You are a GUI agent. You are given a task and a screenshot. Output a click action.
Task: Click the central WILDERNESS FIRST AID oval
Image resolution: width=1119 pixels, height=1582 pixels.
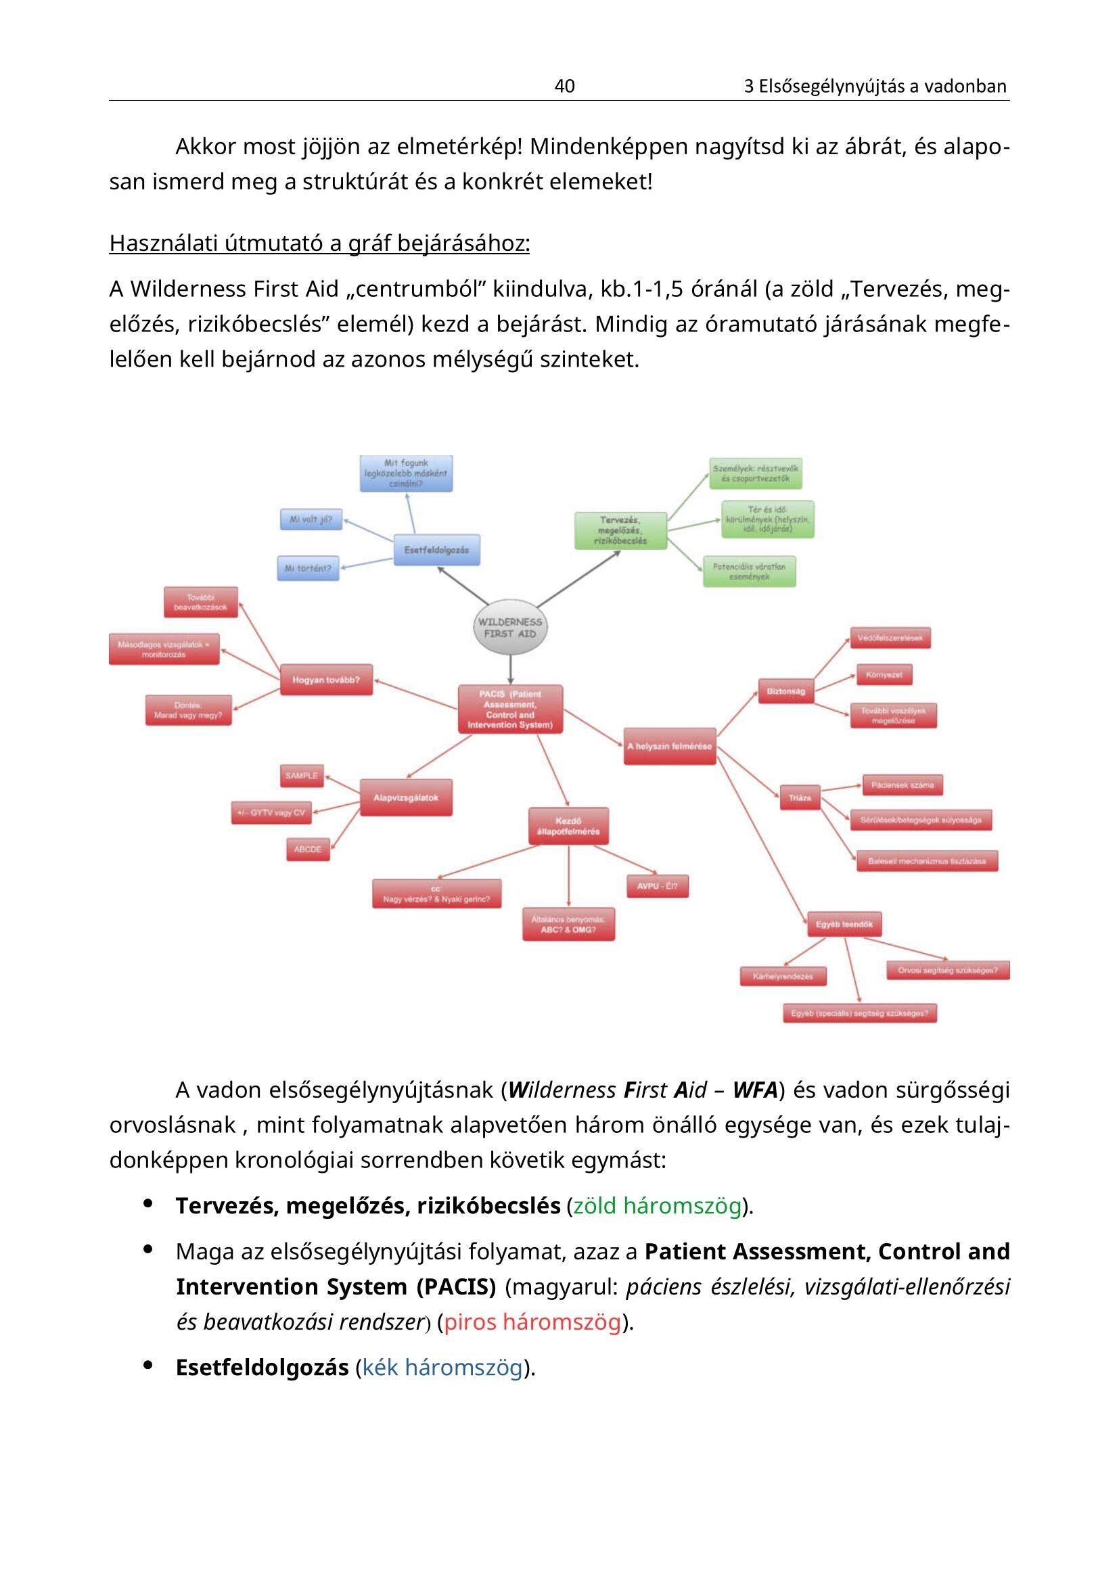510,628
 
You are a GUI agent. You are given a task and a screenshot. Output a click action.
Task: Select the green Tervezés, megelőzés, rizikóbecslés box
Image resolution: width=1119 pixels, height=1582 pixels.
620,530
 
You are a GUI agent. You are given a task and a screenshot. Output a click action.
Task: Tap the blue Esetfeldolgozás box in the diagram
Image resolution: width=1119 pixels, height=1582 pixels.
436,550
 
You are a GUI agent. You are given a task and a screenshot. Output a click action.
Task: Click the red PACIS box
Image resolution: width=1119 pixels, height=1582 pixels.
510,709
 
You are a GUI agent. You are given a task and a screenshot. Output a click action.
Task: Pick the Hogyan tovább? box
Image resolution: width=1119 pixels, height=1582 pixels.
326,680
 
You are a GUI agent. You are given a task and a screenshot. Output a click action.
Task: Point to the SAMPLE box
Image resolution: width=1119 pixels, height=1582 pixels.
302,776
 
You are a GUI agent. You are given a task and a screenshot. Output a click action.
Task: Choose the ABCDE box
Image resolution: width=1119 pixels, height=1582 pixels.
307,850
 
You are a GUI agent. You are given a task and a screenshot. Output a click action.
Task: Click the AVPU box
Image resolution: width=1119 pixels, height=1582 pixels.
657,886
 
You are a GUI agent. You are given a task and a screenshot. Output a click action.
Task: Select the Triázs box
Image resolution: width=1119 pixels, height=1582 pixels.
799,798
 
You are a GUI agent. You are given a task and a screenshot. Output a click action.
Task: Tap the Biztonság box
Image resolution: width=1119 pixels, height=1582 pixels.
785,691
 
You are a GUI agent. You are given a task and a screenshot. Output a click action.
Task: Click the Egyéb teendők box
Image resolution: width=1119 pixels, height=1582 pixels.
844,925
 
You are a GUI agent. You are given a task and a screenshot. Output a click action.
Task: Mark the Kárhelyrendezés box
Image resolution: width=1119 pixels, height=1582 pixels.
783,977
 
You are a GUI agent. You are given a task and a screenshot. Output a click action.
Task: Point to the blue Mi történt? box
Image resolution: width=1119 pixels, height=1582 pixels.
308,568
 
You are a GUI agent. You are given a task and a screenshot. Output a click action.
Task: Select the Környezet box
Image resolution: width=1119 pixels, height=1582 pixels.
884,674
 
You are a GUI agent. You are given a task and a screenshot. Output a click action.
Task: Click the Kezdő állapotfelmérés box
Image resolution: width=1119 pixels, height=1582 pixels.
568,826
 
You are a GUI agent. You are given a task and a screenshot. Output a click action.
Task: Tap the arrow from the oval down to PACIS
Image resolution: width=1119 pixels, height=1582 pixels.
511,669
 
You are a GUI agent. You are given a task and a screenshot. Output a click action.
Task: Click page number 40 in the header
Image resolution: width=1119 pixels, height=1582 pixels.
564,86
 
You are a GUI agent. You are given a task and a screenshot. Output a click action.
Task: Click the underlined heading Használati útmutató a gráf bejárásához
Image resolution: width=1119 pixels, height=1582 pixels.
319,243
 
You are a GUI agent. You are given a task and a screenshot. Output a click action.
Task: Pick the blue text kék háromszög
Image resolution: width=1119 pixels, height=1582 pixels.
442,1368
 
